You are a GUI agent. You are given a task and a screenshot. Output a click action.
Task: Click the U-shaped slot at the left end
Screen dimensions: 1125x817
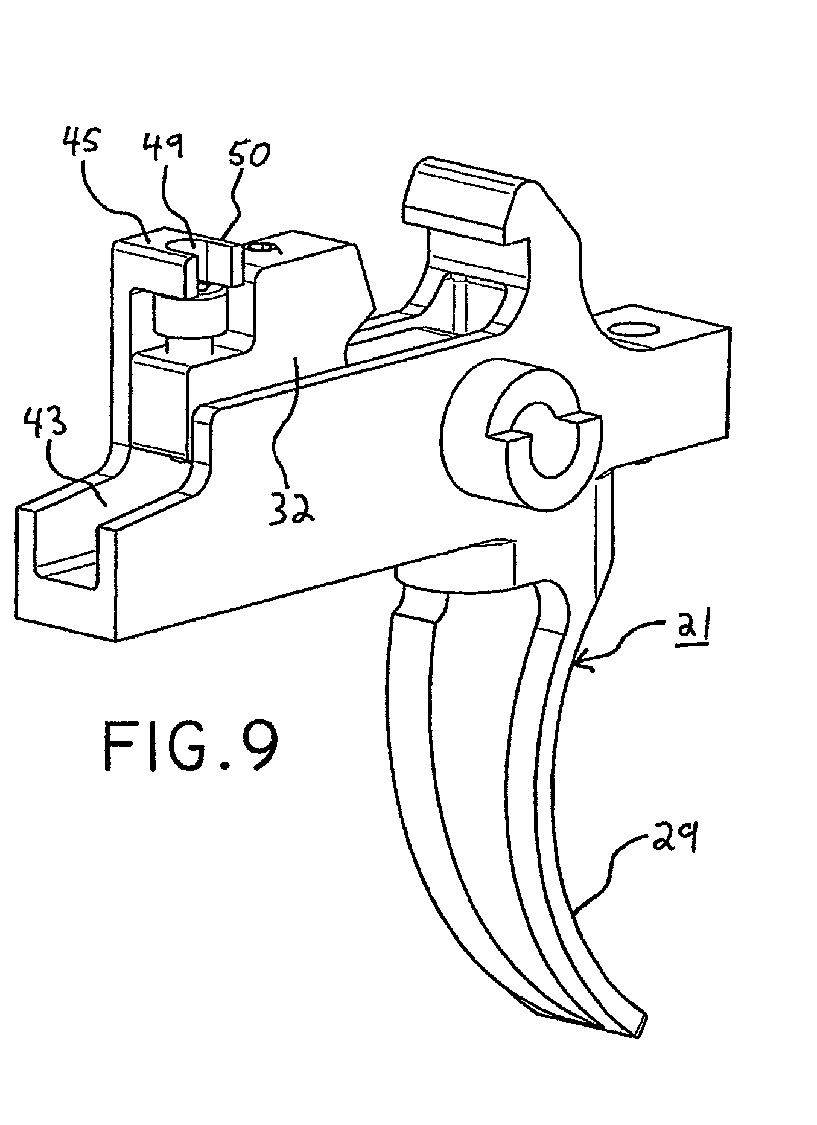63,543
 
